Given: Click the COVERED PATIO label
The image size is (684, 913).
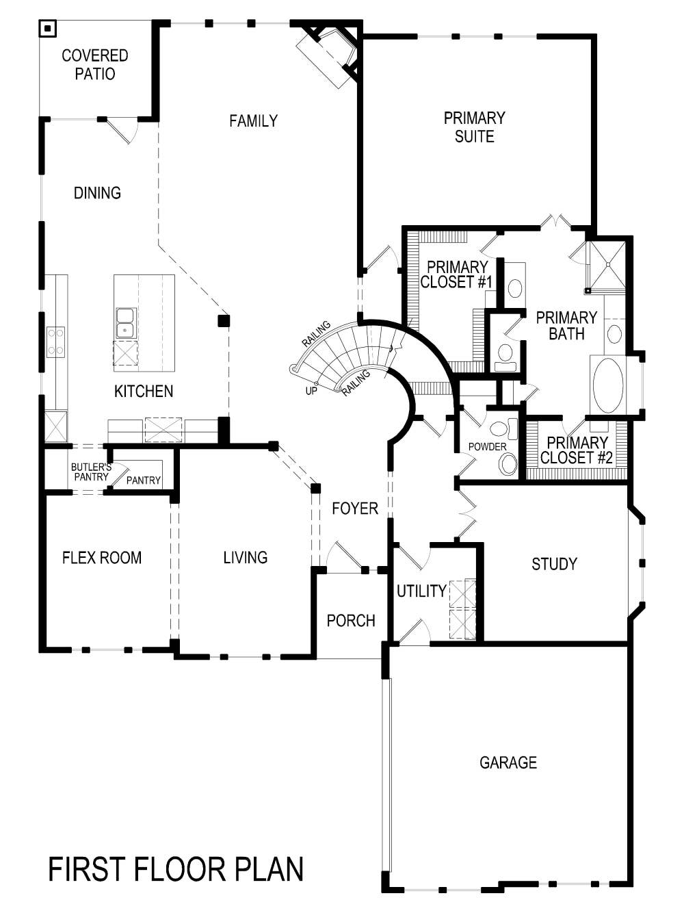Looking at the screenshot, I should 94,64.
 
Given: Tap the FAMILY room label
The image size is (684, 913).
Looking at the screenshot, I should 253,121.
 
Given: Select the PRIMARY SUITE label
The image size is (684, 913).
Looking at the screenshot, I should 474,127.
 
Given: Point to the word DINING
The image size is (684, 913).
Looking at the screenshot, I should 97,193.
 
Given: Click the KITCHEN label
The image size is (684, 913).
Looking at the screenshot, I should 143,391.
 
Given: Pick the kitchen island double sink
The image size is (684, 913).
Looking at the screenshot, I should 124,323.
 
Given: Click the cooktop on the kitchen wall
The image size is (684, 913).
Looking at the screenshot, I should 55,342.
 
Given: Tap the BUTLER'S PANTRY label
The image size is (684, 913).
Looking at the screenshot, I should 90,472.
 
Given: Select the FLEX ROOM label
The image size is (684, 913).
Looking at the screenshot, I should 102,558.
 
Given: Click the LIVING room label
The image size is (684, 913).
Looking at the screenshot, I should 245,558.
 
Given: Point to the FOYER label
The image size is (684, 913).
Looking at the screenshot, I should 354,509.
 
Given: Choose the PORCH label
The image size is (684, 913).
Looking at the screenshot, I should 351,621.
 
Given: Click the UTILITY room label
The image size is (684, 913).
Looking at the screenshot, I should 421,591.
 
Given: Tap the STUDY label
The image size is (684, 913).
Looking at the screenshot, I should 554,564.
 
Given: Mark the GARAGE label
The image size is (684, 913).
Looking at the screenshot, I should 508,762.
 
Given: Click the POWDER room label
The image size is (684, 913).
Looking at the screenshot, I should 487,447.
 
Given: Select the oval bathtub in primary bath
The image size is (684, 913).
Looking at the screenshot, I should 607,385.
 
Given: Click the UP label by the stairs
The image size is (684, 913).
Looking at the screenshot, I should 311,391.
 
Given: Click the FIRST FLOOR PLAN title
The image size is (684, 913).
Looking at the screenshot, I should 176,869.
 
